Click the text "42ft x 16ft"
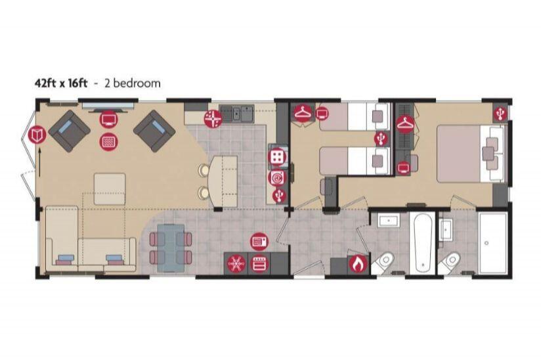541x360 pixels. pyautogui.click(x=61, y=83)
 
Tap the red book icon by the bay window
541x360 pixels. pyautogui.click(x=37, y=135)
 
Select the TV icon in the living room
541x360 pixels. pyautogui.click(x=108, y=119)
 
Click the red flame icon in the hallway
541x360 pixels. pyautogui.click(x=357, y=264)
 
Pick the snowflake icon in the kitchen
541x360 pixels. pyautogui.click(x=235, y=264)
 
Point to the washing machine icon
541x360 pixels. pyautogui.click(x=276, y=177)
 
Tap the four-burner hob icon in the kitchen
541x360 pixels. pyautogui.click(x=277, y=156)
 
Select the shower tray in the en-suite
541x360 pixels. pyautogui.click(x=492, y=243)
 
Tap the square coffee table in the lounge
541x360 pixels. pyautogui.click(x=109, y=189)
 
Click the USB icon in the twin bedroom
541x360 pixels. pyautogui.click(x=380, y=139)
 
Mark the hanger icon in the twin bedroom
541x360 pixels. pyautogui.click(x=302, y=114)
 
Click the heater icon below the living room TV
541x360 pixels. pyautogui.click(x=108, y=141)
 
